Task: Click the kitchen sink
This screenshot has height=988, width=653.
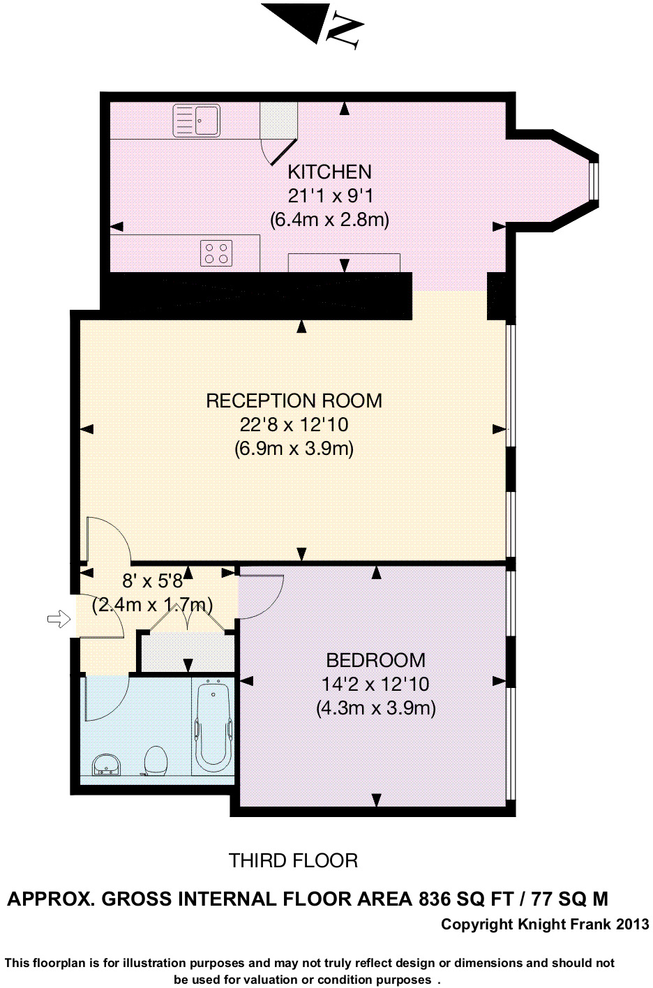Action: tap(196, 120)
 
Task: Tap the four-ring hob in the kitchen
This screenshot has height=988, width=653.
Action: tap(216, 253)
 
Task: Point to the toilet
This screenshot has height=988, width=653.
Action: tap(155, 761)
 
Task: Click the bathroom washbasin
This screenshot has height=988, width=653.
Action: tap(106, 764)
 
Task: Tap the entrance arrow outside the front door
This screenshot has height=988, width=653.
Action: tap(59, 619)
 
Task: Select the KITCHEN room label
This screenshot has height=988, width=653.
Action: tap(329, 172)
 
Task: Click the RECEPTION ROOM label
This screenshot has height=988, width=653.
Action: tap(294, 401)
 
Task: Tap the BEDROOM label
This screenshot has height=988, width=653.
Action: tap(375, 660)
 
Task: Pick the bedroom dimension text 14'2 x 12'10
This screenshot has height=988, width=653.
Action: tap(375, 684)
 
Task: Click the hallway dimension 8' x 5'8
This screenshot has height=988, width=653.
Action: tap(153, 581)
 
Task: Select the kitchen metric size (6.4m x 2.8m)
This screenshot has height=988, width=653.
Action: tap(329, 219)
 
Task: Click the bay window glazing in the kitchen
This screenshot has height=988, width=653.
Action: tap(595, 181)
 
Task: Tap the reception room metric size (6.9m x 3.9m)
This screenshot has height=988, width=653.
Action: tap(294, 449)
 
